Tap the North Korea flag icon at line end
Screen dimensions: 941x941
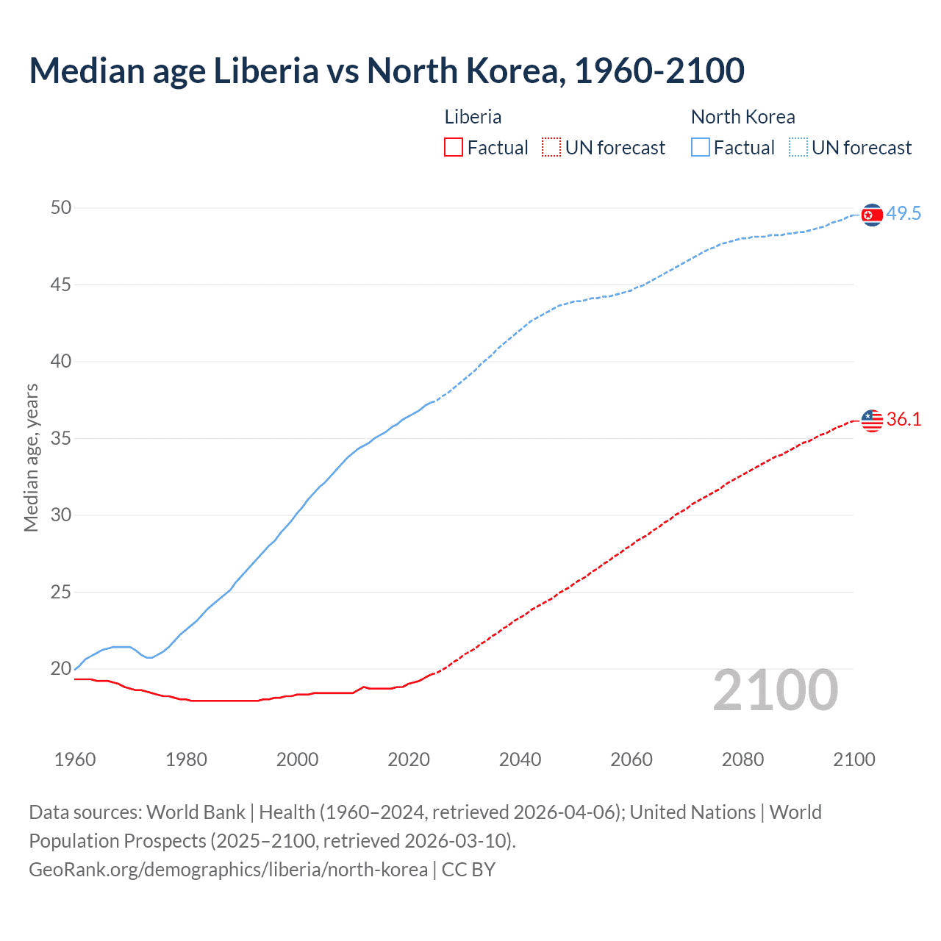871,215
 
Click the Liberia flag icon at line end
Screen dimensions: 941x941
871,421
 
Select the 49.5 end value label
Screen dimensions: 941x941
904,214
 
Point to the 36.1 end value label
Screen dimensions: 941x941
904,420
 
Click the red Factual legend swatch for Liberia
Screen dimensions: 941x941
454,148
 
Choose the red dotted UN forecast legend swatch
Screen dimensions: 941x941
551,148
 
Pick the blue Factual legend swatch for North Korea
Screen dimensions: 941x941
700,148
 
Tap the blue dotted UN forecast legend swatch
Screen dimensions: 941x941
798,148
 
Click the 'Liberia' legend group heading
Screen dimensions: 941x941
473,117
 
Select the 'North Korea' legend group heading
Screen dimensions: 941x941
743,117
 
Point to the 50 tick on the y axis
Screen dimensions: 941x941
61,208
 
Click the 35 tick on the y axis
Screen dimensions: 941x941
61,439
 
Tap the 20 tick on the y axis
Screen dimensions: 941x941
61,669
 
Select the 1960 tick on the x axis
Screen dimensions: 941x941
75,759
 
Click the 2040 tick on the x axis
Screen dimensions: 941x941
520,759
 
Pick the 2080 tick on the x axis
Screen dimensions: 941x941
743,759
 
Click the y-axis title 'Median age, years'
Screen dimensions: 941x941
31,457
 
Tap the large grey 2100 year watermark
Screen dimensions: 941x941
775,690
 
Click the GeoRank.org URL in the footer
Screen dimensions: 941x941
228,870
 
